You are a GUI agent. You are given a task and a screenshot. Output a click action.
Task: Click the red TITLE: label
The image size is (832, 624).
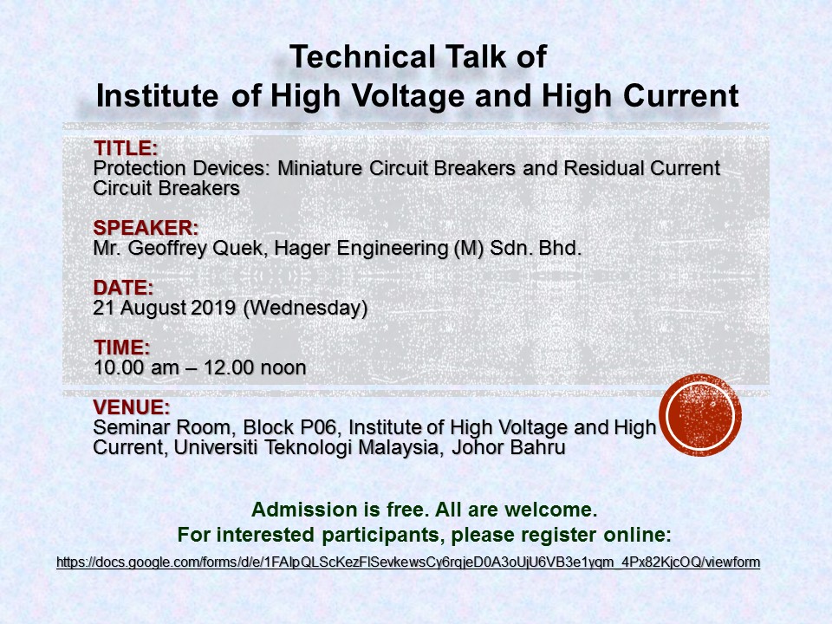click(126, 148)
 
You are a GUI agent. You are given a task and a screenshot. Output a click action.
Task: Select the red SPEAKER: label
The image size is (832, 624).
click(146, 228)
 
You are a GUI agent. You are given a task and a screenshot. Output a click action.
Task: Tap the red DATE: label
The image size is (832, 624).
click(123, 288)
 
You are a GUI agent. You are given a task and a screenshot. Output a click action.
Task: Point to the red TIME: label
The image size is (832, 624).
click(122, 348)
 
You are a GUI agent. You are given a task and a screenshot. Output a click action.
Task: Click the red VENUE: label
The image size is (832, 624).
click(132, 407)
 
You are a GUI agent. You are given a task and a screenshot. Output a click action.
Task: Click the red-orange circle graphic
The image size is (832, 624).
click(700, 415)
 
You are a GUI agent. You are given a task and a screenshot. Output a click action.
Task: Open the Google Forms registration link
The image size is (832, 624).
click(408, 562)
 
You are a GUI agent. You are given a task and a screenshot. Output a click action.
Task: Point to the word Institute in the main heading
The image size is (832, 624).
click(157, 96)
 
